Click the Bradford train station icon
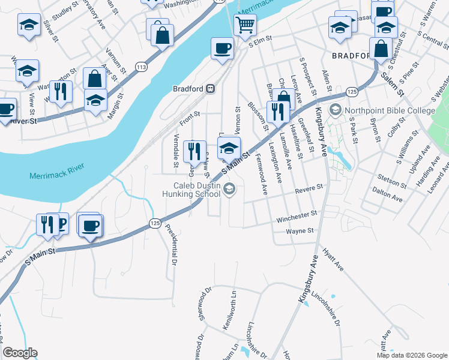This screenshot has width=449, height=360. coord(211,88)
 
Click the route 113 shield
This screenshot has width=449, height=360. coord(141,67)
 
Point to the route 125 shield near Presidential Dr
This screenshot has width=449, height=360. coord(155,223)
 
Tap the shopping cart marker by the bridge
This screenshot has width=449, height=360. coord(245,26)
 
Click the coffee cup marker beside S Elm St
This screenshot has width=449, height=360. coord(222,48)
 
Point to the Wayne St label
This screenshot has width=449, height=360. coord(300,230)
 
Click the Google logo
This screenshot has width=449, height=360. coord(20,353)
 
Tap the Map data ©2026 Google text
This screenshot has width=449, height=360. coord(411,355)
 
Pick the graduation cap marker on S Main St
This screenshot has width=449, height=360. coord(229,148)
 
